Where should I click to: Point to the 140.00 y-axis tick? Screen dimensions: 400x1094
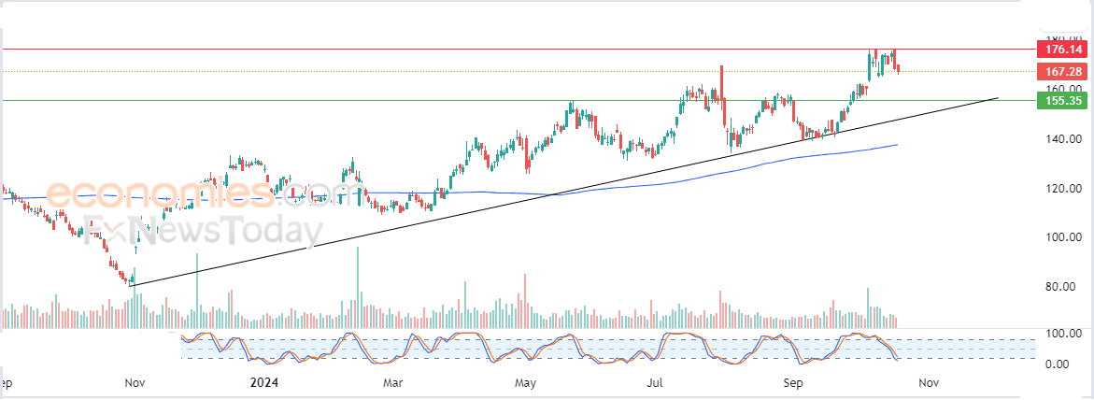(x=1063, y=139)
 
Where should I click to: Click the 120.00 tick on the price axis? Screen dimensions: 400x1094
(x=1063, y=189)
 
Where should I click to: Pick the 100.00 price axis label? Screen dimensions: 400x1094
(x=1063, y=237)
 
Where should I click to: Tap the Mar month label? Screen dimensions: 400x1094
(x=393, y=383)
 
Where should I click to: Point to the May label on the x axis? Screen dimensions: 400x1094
(x=526, y=383)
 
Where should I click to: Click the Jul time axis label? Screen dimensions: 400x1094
(x=656, y=383)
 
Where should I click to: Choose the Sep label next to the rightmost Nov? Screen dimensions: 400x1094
(x=793, y=383)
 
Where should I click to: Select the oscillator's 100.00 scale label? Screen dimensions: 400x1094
(x=1063, y=334)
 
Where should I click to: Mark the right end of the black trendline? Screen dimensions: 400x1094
(x=998, y=97)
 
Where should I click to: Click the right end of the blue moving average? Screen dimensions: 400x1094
(x=898, y=145)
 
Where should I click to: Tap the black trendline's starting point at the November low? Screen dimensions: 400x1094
(x=132, y=285)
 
